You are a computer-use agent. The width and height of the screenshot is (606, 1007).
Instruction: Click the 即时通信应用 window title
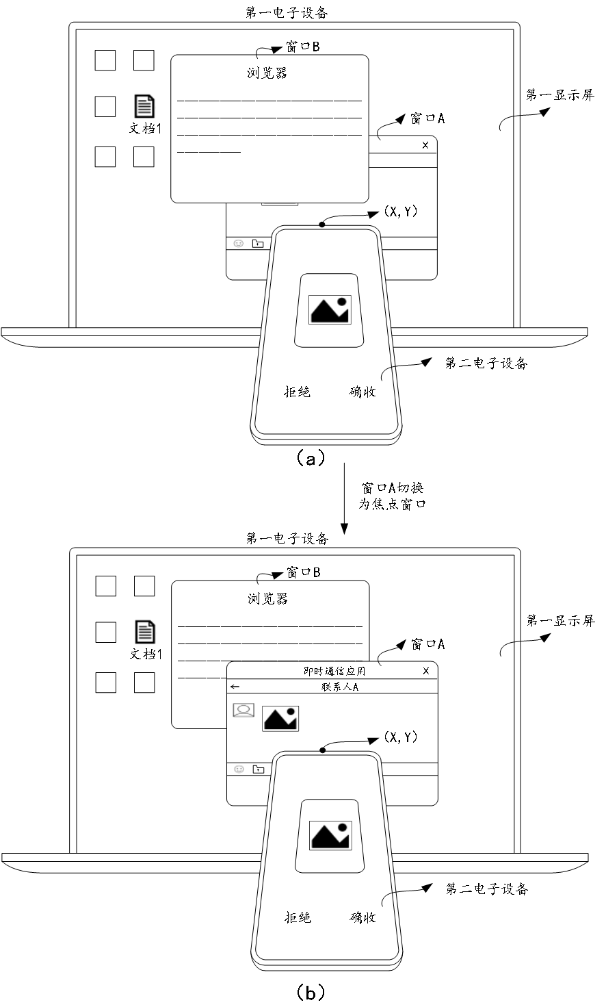pyautogui.click(x=334, y=671)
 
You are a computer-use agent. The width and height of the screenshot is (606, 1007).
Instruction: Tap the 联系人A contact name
pyautogui.click(x=340, y=687)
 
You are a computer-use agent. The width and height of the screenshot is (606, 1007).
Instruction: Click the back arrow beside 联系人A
pyautogui.click(x=235, y=687)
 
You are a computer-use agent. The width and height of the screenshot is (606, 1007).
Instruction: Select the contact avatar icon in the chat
pyautogui.click(x=243, y=711)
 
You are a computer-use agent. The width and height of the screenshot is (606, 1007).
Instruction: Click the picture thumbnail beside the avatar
pyautogui.click(x=280, y=718)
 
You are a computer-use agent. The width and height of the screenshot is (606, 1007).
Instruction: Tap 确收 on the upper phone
pyautogui.click(x=363, y=392)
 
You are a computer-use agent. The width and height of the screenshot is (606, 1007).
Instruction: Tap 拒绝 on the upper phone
pyautogui.click(x=298, y=392)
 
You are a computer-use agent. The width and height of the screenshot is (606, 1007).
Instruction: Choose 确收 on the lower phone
pyautogui.click(x=363, y=917)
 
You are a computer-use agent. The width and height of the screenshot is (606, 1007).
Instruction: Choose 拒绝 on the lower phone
pyautogui.click(x=298, y=917)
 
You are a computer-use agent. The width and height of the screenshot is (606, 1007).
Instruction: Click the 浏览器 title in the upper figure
pyautogui.click(x=267, y=73)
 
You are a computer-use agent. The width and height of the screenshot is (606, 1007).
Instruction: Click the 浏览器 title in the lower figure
pyautogui.click(x=268, y=598)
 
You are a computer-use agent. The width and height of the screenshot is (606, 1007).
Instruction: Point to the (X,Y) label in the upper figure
pyautogui.click(x=401, y=212)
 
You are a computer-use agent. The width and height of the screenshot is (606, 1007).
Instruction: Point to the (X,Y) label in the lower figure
pyautogui.click(x=401, y=737)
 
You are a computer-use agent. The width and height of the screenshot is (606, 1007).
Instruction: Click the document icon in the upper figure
pyautogui.click(x=144, y=106)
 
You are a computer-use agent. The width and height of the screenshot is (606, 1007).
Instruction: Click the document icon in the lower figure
pyautogui.click(x=144, y=631)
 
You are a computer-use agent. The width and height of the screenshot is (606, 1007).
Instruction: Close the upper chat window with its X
pyautogui.click(x=425, y=145)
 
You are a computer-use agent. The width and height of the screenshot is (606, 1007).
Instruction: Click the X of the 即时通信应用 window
pyautogui.click(x=426, y=671)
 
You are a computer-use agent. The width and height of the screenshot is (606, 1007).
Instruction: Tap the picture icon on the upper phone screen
pyautogui.click(x=330, y=309)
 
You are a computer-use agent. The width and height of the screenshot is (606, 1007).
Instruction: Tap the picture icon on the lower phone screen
pyautogui.click(x=330, y=835)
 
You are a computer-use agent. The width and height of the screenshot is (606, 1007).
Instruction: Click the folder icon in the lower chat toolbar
pyautogui.click(x=258, y=769)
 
